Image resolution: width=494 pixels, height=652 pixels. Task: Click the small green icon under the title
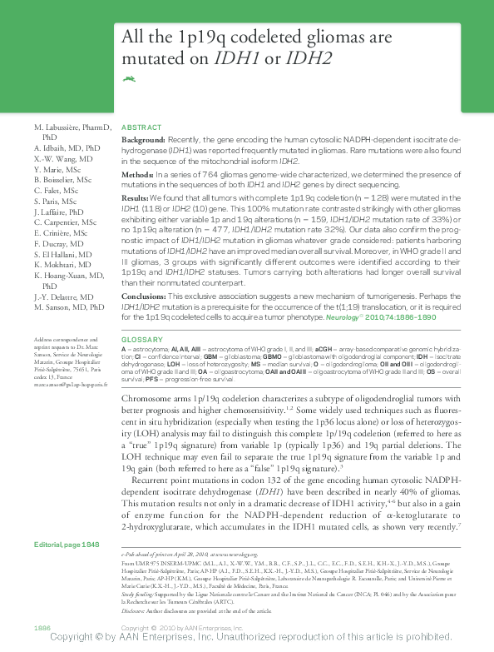(x=129, y=79)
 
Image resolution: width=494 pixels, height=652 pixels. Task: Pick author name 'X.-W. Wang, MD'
(x=63, y=157)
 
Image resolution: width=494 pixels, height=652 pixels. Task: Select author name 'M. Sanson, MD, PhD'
(x=69, y=307)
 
